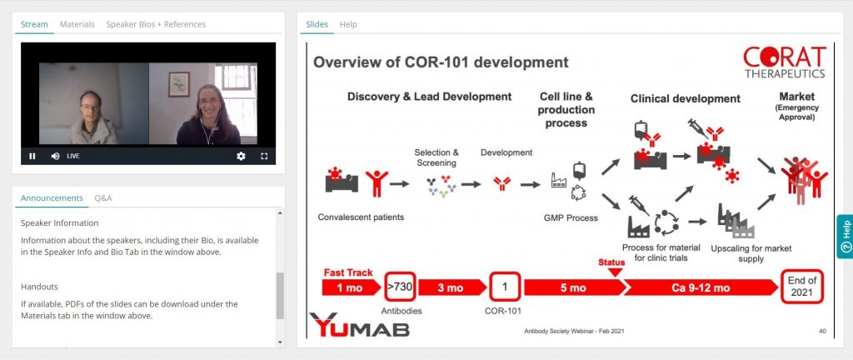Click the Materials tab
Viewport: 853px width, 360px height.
click(77, 24)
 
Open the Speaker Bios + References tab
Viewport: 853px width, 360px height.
click(156, 24)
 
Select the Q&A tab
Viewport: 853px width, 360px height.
click(102, 198)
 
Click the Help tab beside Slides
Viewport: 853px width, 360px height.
click(348, 24)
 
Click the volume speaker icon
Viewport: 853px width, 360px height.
click(55, 156)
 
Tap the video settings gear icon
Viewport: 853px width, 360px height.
click(241, 156)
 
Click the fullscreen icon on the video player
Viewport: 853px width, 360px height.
click(264, 156)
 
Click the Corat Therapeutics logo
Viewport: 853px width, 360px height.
click(785, 62)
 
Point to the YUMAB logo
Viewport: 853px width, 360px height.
click(360, 325)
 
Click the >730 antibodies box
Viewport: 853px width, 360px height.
click(400, 287)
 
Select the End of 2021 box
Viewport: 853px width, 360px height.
click(802, 287)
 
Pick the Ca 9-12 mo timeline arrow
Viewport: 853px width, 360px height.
click(701, 287)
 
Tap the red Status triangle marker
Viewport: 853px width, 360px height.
click(615, 272)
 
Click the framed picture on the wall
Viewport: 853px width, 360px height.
click(179, 84)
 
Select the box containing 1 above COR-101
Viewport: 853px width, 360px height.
click(504, 287)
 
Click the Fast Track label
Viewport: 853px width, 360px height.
click(348, 272)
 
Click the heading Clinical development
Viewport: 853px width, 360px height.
click(686, 98)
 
